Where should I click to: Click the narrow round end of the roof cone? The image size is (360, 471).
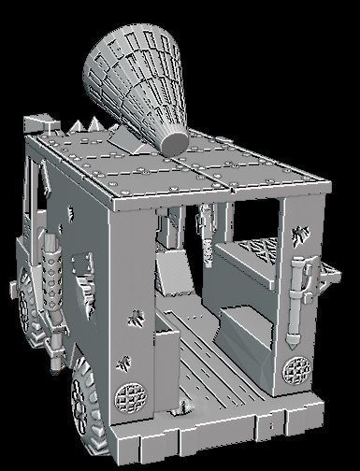(x=175, y=141)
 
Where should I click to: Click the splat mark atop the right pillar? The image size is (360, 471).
(x=299, y=234)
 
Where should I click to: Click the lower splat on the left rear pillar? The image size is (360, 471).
(x=125, y=361)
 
